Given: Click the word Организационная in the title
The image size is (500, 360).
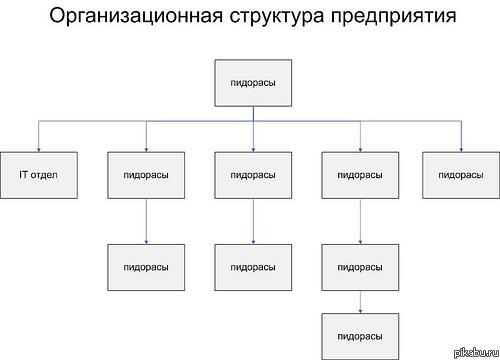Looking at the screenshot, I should [126, 18].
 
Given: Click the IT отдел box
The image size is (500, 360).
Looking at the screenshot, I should [39, 174].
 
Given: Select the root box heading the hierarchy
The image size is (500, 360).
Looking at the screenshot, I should [253, 83].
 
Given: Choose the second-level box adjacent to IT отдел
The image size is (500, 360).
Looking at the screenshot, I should [146, 174].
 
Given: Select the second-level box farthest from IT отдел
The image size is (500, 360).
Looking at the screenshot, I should [461, 174].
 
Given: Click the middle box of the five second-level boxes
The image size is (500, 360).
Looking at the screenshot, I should [253, 174].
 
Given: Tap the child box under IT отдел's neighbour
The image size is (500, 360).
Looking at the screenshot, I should [146, 268].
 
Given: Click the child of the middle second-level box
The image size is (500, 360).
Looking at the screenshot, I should [253, 268].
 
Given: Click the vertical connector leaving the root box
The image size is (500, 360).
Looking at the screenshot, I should [253, 114].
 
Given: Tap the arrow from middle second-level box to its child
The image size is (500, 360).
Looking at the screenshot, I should [253, 220].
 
